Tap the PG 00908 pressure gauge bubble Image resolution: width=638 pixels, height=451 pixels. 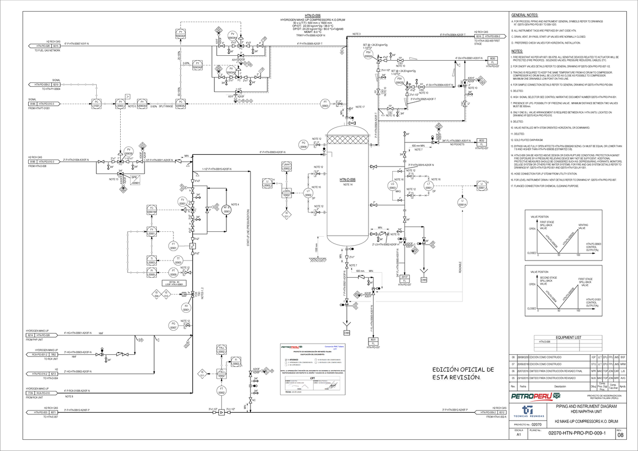304,145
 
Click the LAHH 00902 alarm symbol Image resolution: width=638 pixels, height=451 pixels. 287,167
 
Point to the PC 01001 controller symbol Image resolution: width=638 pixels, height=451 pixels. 97,103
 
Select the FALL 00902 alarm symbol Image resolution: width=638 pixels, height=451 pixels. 222,349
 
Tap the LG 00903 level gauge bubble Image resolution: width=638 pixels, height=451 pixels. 392,186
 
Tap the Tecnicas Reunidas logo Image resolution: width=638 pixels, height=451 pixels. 527,412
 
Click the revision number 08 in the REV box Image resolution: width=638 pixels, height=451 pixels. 620,436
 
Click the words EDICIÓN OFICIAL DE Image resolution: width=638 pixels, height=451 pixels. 463,370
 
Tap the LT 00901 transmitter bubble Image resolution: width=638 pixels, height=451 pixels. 429,186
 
